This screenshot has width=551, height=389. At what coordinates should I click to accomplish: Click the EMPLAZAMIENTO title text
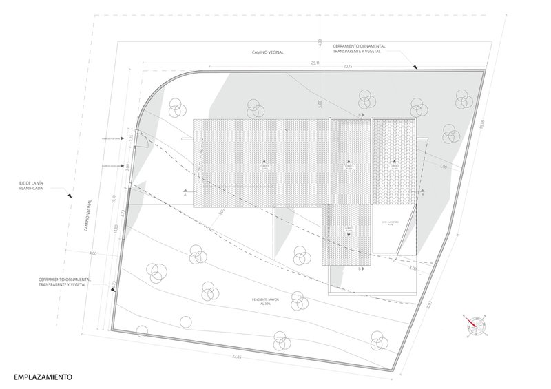pyautogui.click(x=42, y=377)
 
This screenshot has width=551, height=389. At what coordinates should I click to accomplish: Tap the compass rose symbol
pyautogui.click(x=473, y=322)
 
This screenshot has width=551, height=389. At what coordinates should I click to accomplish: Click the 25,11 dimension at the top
pyautogui.click(x=316, y=63)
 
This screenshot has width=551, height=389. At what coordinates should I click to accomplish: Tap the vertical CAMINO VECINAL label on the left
pyautogui.click(x=89, y=215)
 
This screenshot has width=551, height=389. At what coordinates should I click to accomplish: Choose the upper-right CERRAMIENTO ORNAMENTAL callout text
pyautogui.click(x=359, y=50)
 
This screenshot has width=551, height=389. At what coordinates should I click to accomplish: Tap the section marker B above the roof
pyautogui.click(x=360, y=114)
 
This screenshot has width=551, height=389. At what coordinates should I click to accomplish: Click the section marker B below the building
pyautogui.click(x=359, y=269)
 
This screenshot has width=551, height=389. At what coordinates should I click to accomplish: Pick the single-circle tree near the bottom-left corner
pyautogui.click(x=185, y=320)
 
